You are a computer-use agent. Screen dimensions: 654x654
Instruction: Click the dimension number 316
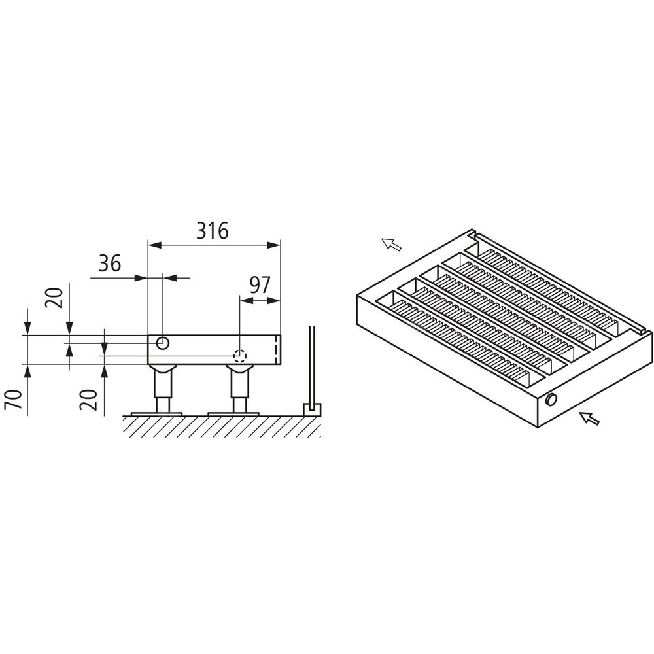(x=213, y=231)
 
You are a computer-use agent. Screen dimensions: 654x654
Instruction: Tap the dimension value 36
(x=110, y=264)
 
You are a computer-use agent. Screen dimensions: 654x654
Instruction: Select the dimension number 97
(x=260, y=285)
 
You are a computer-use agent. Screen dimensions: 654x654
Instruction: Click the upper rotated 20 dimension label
(x=55, y=298)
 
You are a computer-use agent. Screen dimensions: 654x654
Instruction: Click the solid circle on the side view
(x=163, y=343)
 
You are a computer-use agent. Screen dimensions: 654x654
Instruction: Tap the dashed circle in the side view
(x=240, y=356)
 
